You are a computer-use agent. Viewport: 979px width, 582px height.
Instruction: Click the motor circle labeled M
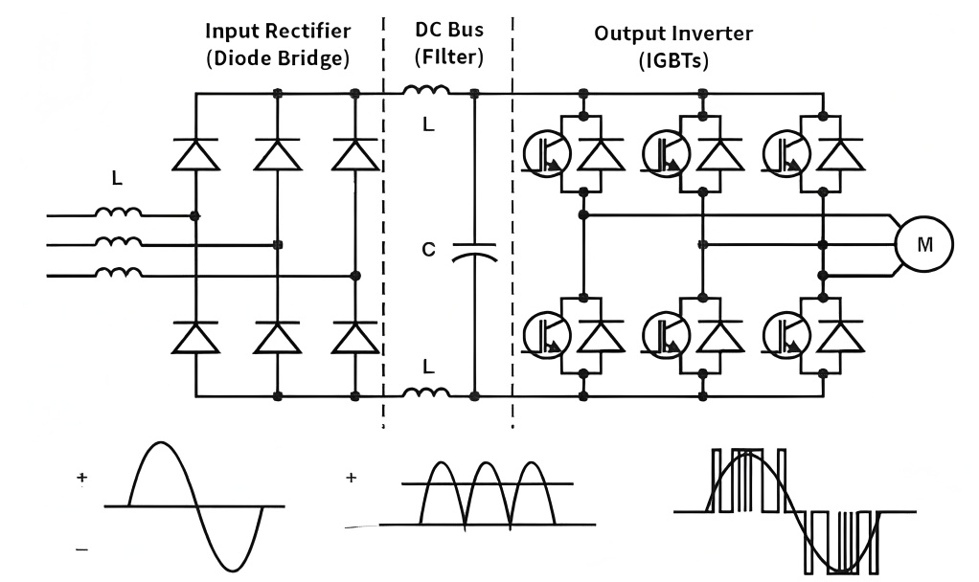click(x=923, y=244)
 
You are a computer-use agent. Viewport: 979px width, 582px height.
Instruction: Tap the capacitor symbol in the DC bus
click(x=474, y=251)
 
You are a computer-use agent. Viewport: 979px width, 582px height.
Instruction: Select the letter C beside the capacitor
click(x=429, y=251)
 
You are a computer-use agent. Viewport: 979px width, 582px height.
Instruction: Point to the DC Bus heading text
click(x=448, y=33)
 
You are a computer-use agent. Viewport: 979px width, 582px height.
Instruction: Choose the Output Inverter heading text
click(x=673, y=34)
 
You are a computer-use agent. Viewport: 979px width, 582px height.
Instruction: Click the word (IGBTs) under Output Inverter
click(x=673, y=59)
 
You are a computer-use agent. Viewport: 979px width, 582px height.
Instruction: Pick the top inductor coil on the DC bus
click(x=427, y=92)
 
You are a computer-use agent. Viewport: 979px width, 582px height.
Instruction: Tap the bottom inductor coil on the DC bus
click(x=427, y=392)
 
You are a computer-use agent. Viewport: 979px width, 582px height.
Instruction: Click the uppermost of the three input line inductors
click(x=120, y=213)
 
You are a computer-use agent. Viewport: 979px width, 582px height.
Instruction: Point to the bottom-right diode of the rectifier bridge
click(x=355, y=337)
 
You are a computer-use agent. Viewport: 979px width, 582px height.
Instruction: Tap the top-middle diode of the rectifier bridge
click(x=276, y=154)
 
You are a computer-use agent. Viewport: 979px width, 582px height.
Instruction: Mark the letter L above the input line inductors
click(x=117, y=179)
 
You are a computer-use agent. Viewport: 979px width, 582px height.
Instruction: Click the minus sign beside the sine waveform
click(x=81, y=548)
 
